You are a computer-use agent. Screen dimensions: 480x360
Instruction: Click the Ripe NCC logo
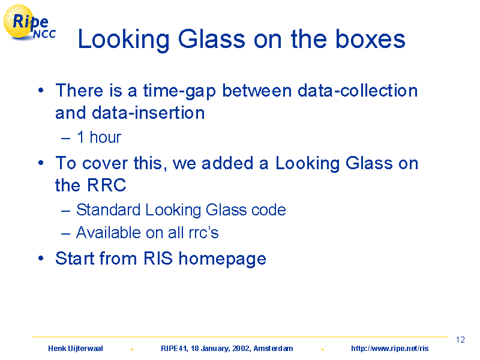[29, 23]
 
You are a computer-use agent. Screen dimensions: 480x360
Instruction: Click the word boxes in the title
[370, 39]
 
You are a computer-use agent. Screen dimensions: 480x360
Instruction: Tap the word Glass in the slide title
[212, 39]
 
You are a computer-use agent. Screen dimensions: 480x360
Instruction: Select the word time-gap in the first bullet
[179, 91]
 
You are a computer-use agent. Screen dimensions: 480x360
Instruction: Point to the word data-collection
[358, 91]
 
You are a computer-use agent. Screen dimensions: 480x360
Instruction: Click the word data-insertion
[148, 113]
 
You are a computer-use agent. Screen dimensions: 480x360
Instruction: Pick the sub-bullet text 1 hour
[99, 137]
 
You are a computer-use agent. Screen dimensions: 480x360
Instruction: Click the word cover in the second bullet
[104, 163]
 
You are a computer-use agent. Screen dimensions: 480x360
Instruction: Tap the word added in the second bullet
[227, 163]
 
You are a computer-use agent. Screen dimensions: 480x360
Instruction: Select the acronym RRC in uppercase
[107, 185]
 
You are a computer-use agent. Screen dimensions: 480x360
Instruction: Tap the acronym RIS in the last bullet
[158, 258]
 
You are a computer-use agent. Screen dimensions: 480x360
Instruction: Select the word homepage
[222, 259]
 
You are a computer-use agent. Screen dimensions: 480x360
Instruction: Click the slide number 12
[460, 340]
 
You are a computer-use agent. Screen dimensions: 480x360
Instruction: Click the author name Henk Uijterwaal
[76, 349]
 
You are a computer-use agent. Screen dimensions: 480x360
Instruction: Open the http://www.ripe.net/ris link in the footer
[389, 349]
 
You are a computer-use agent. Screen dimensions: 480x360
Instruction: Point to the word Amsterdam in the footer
[273, 349]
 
